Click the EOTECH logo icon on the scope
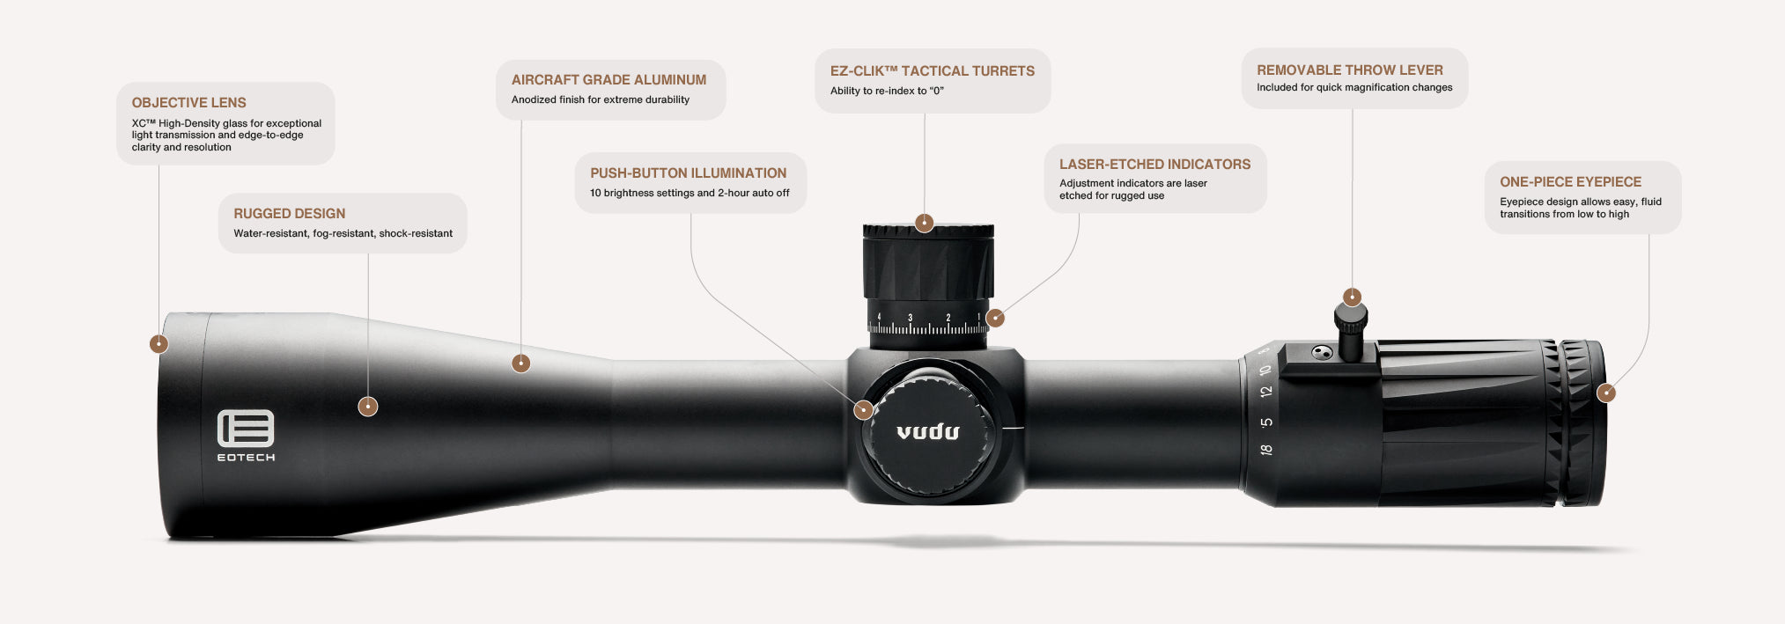point(246,429)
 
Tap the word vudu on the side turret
point(927,431)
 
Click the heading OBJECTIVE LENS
point(188,103)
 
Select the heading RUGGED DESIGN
point(289,214)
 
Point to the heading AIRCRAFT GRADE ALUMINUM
point(609,80)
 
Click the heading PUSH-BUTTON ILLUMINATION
point(688,173)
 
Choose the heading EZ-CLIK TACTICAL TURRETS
point(932,71)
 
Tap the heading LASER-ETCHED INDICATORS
point(1154,165)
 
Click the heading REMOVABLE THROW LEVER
point(1349,70)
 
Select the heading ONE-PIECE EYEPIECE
point(1570,182)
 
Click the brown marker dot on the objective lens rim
point(159,343)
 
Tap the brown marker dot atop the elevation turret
point(924,223)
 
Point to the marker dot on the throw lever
point(1352,297)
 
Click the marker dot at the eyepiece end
point(1605,393)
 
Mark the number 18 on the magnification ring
point(1265,450)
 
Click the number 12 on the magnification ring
point(1265,392)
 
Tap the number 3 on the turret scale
point(910,318)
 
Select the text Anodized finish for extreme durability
point(600,99)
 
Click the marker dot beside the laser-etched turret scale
point(995,318)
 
